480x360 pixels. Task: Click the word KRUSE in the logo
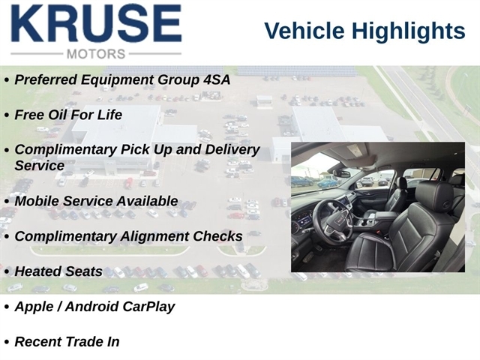[97, 23]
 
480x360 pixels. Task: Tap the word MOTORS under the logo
[96, 54]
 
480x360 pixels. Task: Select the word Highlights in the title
[408, 31]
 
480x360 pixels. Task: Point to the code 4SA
[217, 79]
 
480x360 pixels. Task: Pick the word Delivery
[232, 150]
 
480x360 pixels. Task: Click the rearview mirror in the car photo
[342, 173]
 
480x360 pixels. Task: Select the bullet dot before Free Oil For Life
[7, 115]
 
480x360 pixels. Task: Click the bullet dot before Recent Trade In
[7, 343]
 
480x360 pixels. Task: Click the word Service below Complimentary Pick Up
[40, 166]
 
